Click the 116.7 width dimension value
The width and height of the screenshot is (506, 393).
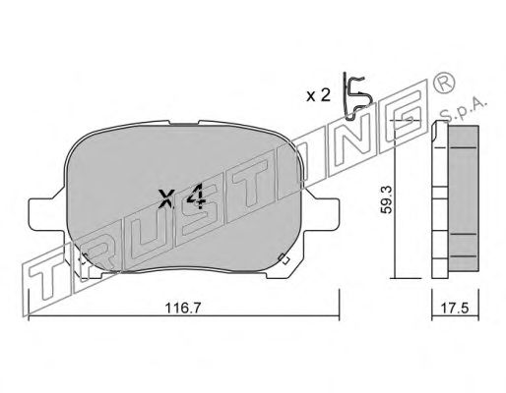point(182,309)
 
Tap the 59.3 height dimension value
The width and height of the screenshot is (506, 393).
point(386,199)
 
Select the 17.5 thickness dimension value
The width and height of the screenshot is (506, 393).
point(455,309)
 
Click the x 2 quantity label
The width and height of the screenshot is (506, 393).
point(318,95)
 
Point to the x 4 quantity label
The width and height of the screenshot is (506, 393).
point(182,197)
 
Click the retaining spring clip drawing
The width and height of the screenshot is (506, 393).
point(356,95)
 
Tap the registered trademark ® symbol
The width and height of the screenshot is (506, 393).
point(444,83)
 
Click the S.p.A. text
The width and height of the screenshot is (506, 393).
point(463,110)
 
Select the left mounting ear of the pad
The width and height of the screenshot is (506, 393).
point(46,214)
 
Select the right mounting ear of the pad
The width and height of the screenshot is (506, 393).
point(322,214)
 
